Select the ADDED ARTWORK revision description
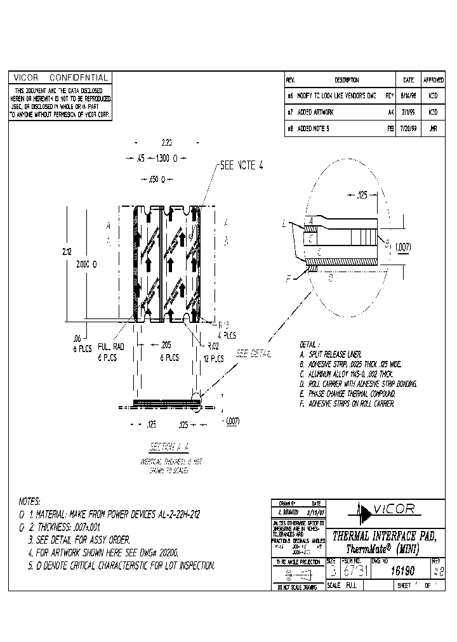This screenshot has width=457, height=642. click(x=317, y=112)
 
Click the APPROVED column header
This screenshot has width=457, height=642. click(x=433, y=81)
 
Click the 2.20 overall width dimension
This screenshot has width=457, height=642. click(x=167, y=143)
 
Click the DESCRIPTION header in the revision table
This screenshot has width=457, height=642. click(x=347, y=81)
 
